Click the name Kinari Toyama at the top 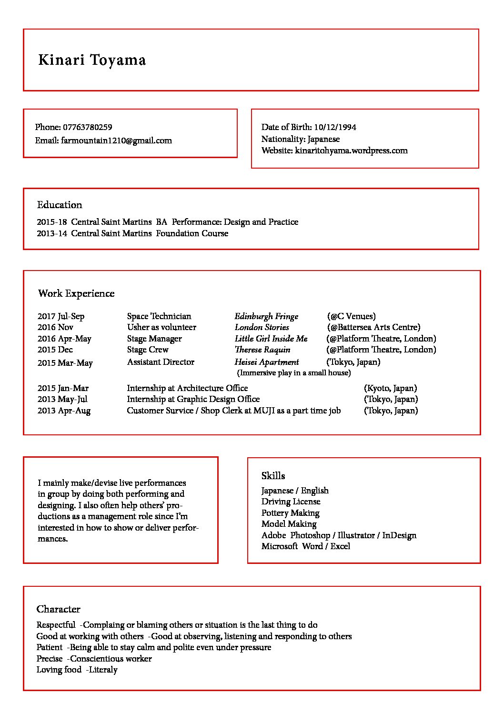[92, 60]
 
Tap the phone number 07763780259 [88, 127]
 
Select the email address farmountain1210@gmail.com [116, 141]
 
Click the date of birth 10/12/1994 [335, 127]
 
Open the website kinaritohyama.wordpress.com [351, 151]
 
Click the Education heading [60, 205]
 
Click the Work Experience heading [76, 293]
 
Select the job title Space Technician [159, 316]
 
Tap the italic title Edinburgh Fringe [266, 316]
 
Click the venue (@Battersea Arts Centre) [373, 327]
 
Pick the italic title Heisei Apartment [267, 362]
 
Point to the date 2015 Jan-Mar [63, 388]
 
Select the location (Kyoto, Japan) [390, 388]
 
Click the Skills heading [273, 476]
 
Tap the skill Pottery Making [290, 513]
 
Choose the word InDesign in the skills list [399, 535]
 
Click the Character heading [59, 609]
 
